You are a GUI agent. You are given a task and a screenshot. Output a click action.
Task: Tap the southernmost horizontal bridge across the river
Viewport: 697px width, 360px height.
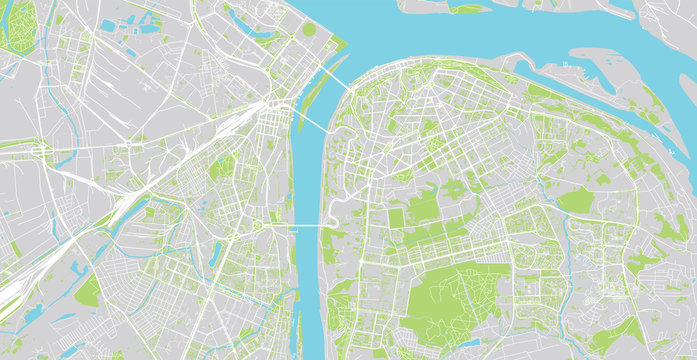306,227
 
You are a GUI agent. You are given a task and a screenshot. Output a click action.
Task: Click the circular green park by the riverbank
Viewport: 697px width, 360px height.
309,30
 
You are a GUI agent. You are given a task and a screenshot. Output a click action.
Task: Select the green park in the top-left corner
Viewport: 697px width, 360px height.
18,25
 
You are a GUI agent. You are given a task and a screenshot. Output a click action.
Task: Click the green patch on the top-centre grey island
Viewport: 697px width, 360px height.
467,8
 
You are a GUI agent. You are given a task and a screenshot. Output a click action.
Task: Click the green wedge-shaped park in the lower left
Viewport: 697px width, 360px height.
87,291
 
